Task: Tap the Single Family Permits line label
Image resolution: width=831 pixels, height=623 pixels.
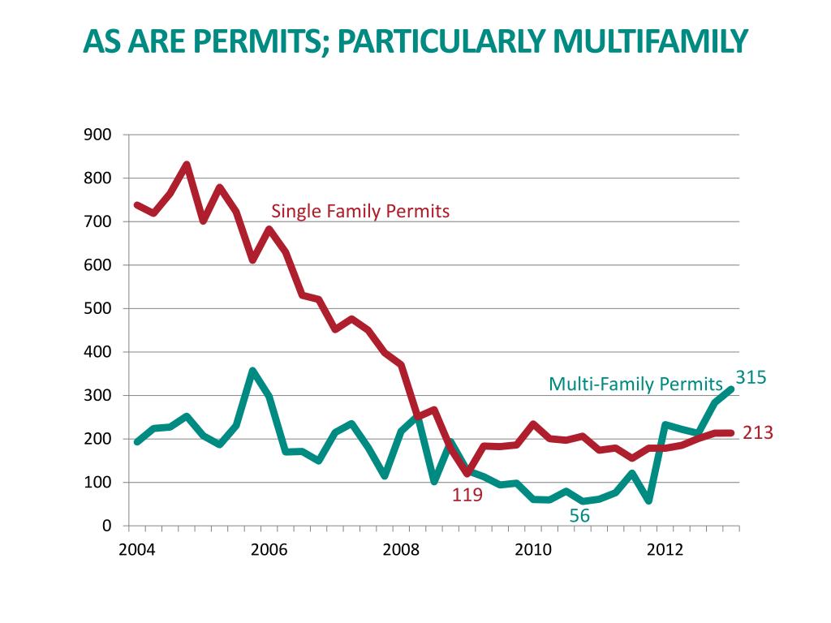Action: [x=360, y=212]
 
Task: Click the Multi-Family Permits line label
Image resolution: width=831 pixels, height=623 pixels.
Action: [x=635, y=383]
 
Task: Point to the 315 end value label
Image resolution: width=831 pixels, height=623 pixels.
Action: [x=751, y=376]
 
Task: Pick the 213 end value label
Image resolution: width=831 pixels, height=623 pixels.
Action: [x=758, y=433]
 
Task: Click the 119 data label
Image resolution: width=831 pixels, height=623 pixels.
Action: [x=467, y=493]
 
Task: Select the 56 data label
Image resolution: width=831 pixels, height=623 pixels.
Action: [x=579, y=515]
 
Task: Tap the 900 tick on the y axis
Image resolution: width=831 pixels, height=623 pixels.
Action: [x=97, y=135]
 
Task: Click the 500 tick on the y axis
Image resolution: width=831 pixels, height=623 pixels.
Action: [x=97, y=309]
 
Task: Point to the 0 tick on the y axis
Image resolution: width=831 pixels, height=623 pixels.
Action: [x=106, y=526]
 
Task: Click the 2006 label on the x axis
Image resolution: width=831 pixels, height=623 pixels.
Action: [x=269, y=549]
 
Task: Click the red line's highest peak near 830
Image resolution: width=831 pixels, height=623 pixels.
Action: [x=187, y=165]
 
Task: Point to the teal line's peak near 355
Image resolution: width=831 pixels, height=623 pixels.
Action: [x=252, y=372]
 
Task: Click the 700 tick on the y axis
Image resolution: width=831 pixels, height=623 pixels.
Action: [x=97, y=221]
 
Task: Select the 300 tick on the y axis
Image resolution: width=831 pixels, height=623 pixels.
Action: [x=97, y=396]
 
